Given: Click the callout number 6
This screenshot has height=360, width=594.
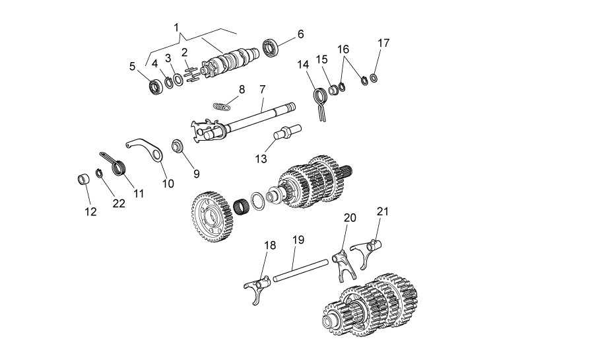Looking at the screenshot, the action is [300, 34].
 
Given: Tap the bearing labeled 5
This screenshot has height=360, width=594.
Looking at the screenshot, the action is [155, 87].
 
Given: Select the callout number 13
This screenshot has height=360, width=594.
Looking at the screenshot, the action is [261, 159].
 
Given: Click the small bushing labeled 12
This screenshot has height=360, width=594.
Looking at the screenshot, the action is [83, 179].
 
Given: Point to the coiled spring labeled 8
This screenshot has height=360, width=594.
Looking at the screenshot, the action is [222, 106].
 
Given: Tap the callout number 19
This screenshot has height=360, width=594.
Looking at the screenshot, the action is [298, 240].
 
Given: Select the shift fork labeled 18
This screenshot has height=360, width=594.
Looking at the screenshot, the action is [257, 287].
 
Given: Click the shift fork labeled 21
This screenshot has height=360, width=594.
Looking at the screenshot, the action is [366, 252].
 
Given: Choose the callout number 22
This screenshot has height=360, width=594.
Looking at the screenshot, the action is [119, 203].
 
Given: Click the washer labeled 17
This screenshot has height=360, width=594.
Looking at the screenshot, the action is [374, 79].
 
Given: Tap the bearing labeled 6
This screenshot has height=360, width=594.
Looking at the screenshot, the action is [271, 47].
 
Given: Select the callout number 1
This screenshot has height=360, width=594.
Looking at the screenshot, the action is [176, 28].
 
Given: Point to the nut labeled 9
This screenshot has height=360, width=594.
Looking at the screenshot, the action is [177, 146].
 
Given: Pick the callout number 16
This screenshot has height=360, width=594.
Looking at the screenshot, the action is [343, 50].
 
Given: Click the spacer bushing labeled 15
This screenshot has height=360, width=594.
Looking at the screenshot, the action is [334, 90].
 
